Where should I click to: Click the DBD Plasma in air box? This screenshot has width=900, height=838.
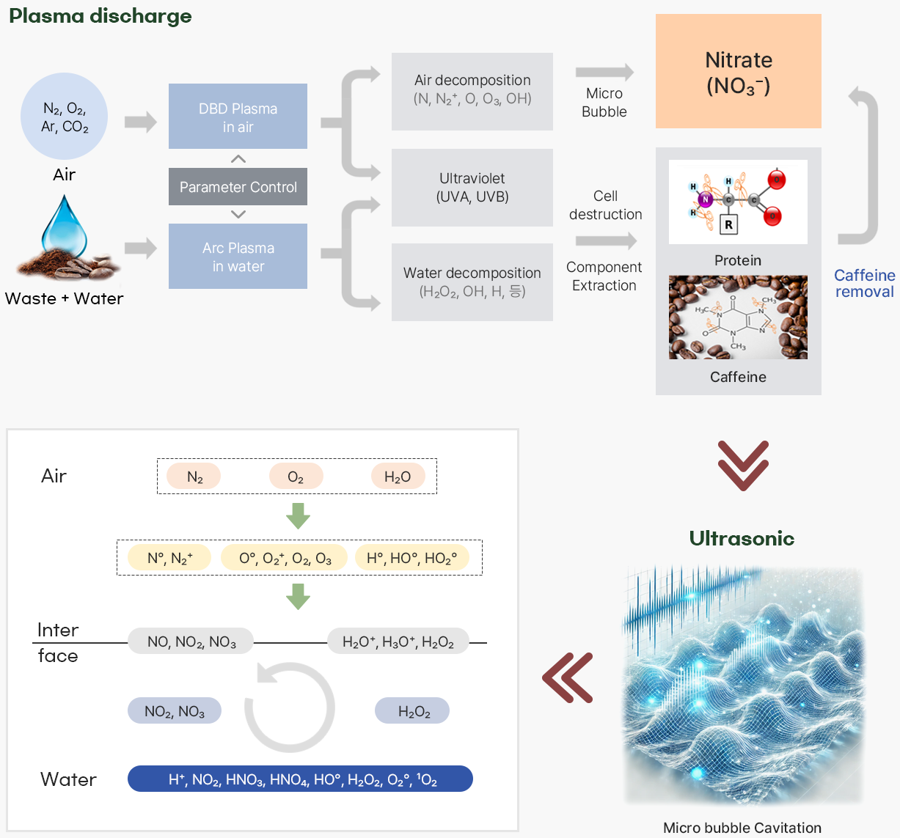pyautogui.click(x=238, y=117)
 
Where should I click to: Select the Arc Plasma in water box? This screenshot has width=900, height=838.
pyautogui.click(x=238, y=257)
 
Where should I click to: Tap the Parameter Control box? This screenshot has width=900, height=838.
pyautogui.click(x=238, y=187)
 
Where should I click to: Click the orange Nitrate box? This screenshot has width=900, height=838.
pyautogui.click(x=738, y=71)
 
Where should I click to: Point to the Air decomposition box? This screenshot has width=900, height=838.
pyautogui.click(x=472, y=91)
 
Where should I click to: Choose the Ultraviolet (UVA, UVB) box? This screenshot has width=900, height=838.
pyautogui.click(x=472, y=188)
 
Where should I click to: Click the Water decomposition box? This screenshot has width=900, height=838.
pyautogui.click(x=472, y=282)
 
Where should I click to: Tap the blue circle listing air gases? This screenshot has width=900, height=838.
pyautogui.click(x=65, y=116)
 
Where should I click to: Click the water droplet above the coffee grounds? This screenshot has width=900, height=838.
pyautogui.click(x=64, y=224)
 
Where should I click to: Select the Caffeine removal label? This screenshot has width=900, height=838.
pyautogui.click(x=864, y=283)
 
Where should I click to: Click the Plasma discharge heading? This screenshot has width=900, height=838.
pyautogui.click(x=100, y=16)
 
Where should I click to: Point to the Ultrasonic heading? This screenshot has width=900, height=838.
pyautogui.click(x=742, y=538)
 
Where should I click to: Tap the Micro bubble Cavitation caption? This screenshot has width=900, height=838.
pyautogui.click(x=742, y=828)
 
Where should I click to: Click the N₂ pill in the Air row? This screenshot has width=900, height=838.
pyautogui.click(x=194, y=477)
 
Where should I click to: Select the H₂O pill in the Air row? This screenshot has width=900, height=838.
pyautogui.click(x=398, y=477)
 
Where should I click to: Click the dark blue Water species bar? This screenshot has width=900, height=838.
pyautogui.click(x=300, y=779)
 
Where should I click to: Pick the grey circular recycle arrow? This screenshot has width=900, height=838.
pyautogui.click(x=289, y=707)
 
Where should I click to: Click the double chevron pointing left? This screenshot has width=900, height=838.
pyautogui.click(x=567, y=677)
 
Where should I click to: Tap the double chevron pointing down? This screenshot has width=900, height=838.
pyautogui.click(x=742, y=465)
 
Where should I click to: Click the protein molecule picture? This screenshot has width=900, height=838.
pyautogui.click(x=738, y=202)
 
